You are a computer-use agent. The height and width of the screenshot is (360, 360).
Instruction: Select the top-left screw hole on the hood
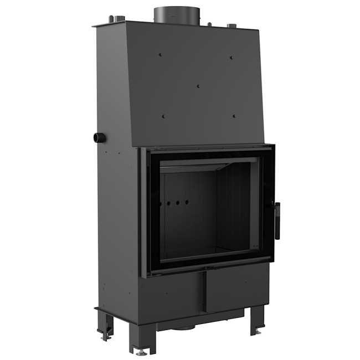[x=161, y=55]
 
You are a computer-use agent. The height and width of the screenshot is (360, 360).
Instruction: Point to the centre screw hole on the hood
[x=199, y=86]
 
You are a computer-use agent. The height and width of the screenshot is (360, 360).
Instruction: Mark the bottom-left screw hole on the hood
[x=164, y=115]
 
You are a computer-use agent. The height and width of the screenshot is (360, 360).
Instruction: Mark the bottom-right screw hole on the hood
[x=235, y=116]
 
